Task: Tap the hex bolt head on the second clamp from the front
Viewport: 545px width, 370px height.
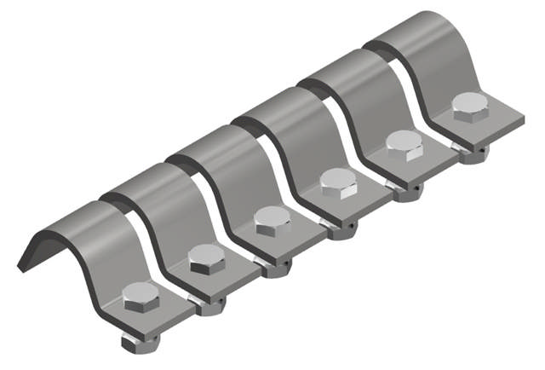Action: (x=207, y=258)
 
